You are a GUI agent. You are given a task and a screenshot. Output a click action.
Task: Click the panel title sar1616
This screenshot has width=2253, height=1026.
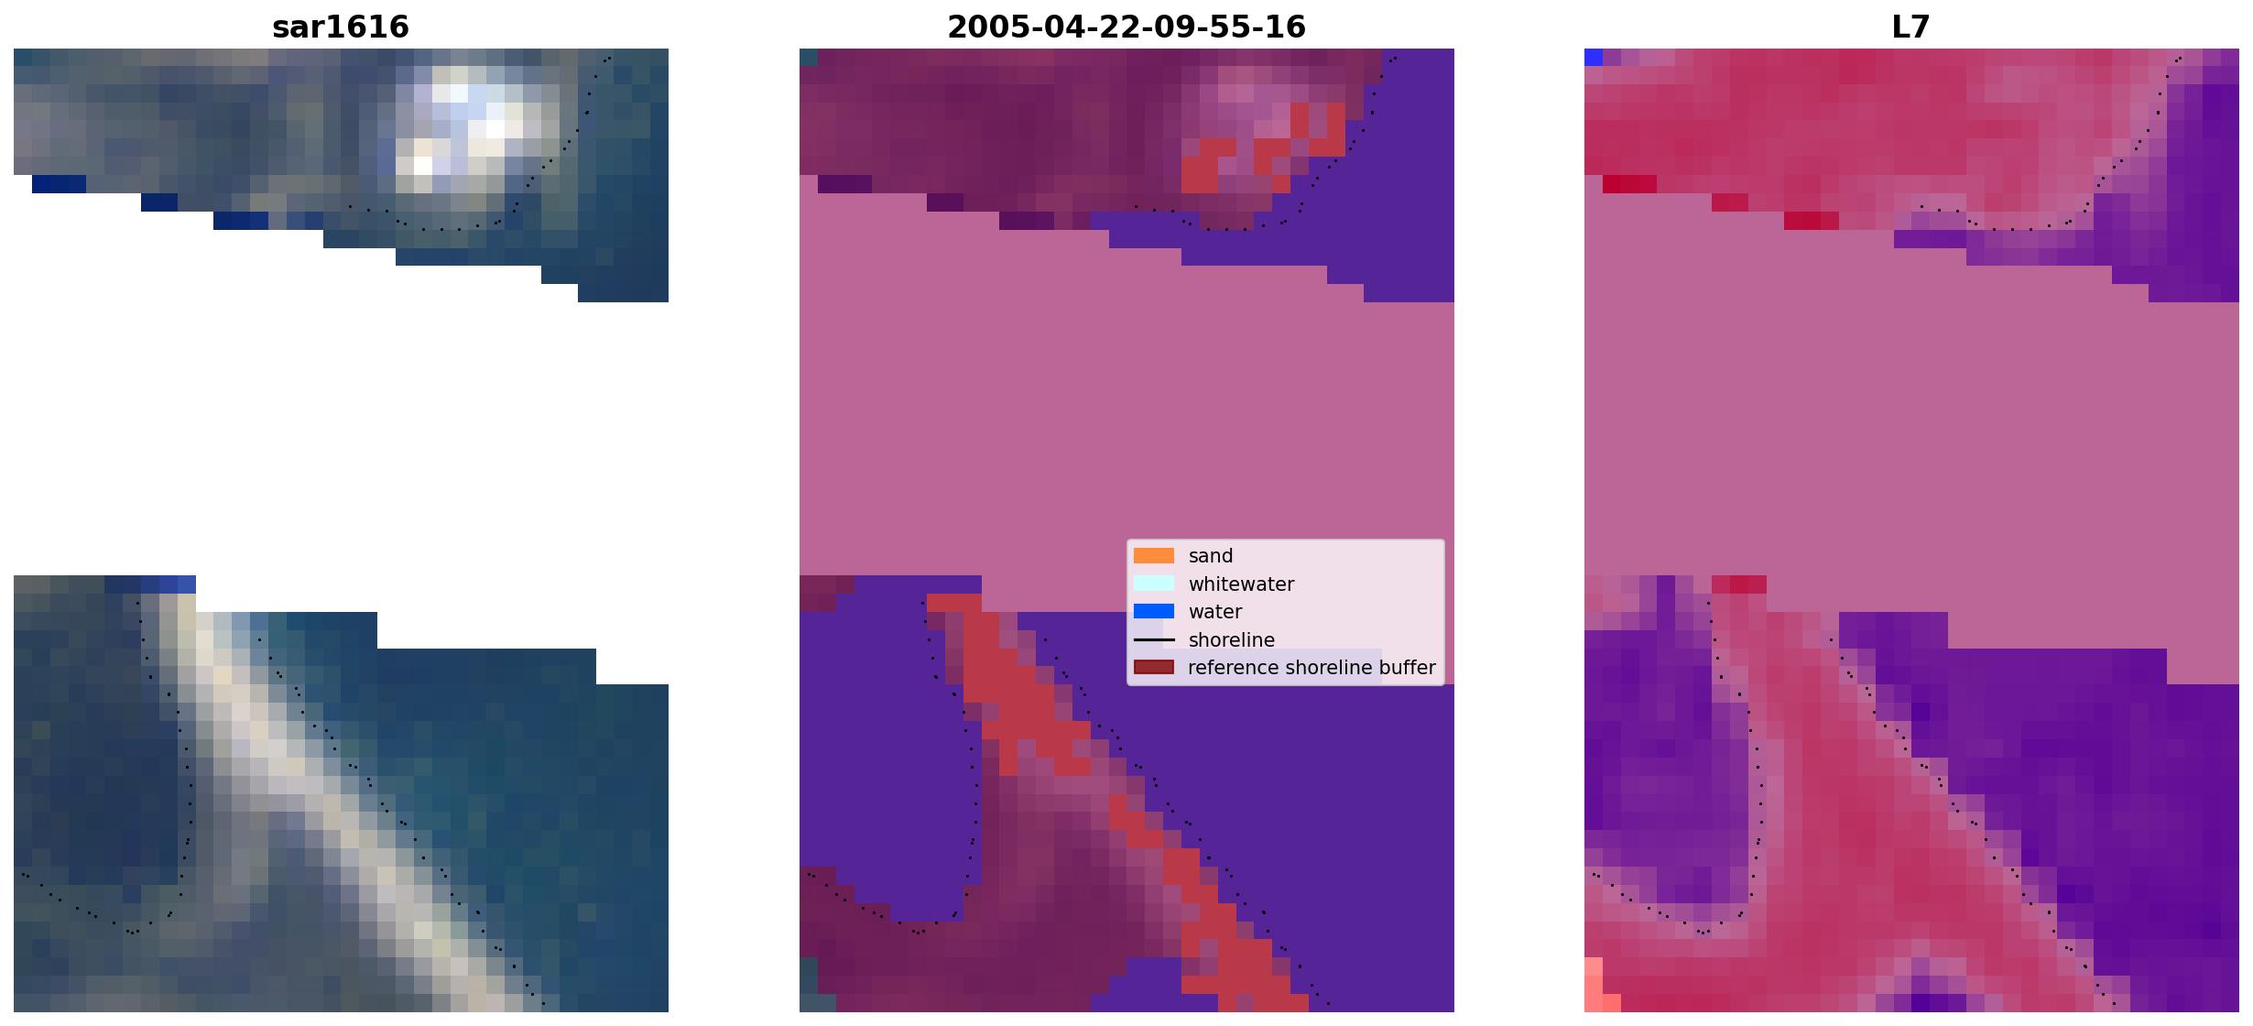coord(341,27)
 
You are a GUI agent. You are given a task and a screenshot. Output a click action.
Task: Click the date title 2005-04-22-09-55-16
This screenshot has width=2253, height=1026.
coord(1126,27)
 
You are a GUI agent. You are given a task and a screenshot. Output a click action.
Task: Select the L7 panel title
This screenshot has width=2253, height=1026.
coord(1911,27)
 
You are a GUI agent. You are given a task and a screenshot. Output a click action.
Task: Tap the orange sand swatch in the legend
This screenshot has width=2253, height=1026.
coord(1154,556)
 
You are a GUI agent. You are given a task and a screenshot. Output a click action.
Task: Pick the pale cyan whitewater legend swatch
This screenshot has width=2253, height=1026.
coord(1154,584)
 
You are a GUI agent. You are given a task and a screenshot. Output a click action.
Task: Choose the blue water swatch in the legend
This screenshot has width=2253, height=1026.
coord(1154,611)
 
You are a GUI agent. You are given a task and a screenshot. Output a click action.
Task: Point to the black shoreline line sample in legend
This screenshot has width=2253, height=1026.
coord(1154,639)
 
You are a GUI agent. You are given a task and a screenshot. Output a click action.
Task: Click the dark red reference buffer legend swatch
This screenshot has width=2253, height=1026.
coord(1154,667)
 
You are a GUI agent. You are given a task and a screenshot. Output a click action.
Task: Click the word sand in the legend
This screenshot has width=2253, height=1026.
coord(1211,556)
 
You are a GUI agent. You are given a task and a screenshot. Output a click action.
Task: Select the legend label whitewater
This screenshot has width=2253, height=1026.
coord(1241,584)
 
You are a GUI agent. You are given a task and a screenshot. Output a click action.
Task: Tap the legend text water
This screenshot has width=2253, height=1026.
coord(1215,612)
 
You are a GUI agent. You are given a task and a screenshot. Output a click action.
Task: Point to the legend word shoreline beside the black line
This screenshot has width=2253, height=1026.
coord(1232,639)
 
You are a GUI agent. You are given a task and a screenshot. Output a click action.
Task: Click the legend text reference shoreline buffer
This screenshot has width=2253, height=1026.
coord(1312,668)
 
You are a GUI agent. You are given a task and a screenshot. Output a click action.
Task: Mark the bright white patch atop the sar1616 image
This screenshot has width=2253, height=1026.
coord(467,124)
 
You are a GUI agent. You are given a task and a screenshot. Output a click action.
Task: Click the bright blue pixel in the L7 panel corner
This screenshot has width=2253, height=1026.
coord(1594,57)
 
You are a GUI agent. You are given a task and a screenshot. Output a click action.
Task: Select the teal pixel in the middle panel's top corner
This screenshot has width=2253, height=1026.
coord(808,57)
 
